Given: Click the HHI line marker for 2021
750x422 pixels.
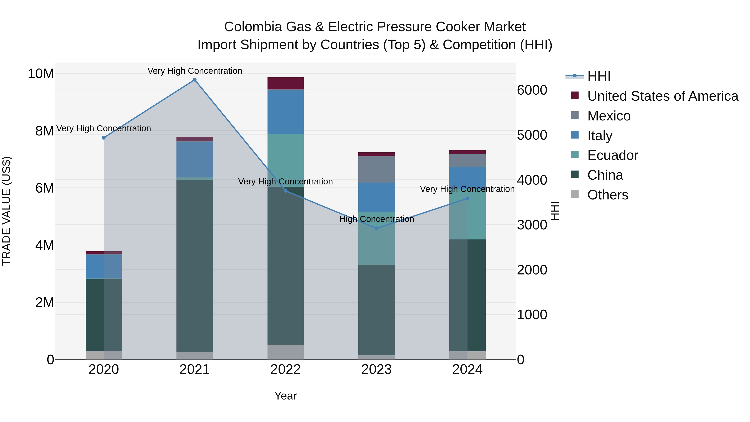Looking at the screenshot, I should [x=195, y=80].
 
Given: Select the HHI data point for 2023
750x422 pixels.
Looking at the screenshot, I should [x=376, y=228].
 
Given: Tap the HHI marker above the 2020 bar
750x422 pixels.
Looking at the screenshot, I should [x=104, y=138].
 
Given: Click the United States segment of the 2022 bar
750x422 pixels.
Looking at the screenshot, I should [x=286, y=83].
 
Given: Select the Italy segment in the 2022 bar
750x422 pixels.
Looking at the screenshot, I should [x=286, y=112].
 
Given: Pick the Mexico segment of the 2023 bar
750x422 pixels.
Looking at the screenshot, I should [x=376, y=169].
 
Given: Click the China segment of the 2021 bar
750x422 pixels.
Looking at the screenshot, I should [x=195, y=265].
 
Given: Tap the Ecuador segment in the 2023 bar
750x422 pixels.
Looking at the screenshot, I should [x=376, y=238].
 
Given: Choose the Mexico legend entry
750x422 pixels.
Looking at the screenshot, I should [x=609, y=116].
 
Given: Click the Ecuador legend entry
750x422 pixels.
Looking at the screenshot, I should [x=612, y=155].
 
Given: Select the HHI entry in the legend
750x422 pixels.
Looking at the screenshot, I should [x=599, y=76].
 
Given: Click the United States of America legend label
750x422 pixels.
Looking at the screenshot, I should [x=663, y=96].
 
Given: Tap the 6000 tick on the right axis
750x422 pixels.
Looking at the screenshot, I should [x=532, y=90].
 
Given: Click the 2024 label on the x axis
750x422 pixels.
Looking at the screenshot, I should [x=467, y=369].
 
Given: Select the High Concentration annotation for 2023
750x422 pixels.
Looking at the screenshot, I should [x=376, y=219].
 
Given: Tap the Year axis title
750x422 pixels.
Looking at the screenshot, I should [x=285, y=396].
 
